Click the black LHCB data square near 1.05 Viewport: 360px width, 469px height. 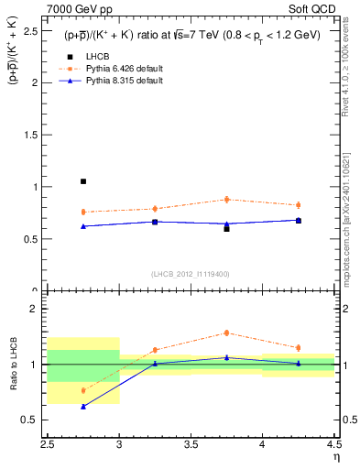point(83,181)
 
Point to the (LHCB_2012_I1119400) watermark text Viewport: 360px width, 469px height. point(190,274)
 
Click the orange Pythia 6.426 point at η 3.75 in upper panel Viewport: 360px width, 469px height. point(226,199)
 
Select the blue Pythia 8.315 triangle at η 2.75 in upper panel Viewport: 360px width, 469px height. point(83,226)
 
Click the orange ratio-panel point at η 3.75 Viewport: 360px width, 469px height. point(226,333)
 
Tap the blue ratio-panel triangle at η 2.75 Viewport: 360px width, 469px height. point(83,406)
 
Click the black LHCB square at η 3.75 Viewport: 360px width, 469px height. point(226,228)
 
